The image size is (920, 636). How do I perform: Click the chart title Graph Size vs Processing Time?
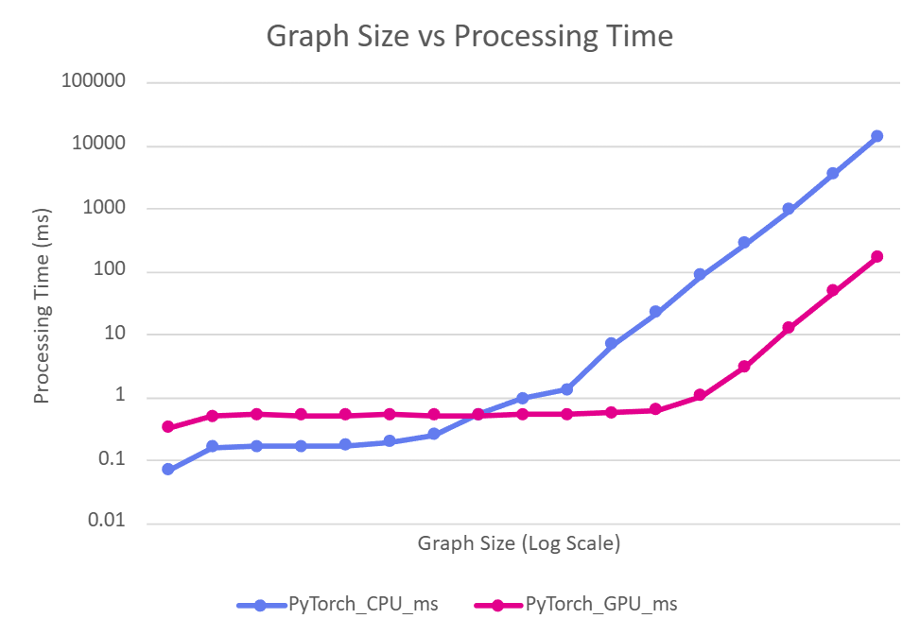point(469,37)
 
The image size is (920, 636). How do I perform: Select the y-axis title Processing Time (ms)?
point(42,303)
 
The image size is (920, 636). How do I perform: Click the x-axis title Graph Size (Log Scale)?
point(518,543)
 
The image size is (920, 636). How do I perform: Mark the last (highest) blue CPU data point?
point(877,136)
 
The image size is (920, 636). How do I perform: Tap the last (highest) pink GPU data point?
point(877,257)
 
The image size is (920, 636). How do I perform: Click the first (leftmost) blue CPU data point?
point(167,469)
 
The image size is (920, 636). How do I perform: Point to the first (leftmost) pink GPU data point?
point(167,427)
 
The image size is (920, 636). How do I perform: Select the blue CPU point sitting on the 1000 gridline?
point(788,209)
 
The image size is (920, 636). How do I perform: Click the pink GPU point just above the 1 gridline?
point(700,395)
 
